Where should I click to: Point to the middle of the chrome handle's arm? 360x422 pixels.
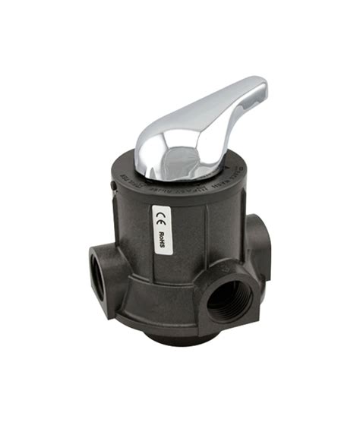pos(213,114)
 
